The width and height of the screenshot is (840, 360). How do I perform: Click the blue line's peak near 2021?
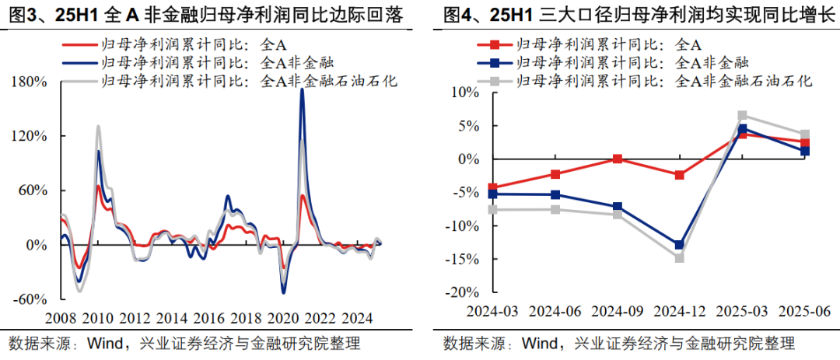pyautogui.click(x=302, y=90)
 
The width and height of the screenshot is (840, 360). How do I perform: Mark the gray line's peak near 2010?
pyautogui.click(x=98, y=126)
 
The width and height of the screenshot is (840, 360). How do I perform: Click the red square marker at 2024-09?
pyautogui.click(x=617, y=159)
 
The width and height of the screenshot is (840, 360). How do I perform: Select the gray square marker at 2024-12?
pyautogui.click(x=680, y=257)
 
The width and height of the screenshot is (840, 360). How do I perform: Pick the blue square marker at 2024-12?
pyautogui.click(x=680, y=244)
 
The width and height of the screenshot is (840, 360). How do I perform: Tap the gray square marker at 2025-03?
pyautogui.click(x=742, y=116)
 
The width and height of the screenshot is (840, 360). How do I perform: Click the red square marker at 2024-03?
pyautogui.click(x=492, y=187)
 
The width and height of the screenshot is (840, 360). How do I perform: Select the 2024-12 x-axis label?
pyautogui.click(x=680, y=310)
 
